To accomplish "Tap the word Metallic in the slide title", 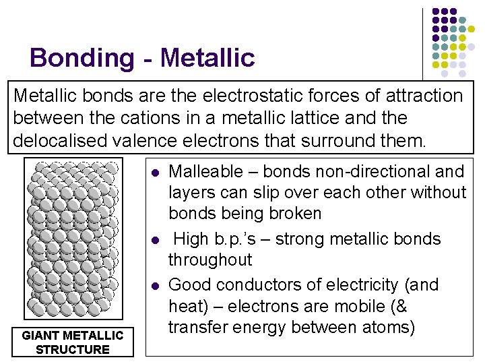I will point(208,59).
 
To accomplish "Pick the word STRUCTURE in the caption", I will point(72,349).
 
